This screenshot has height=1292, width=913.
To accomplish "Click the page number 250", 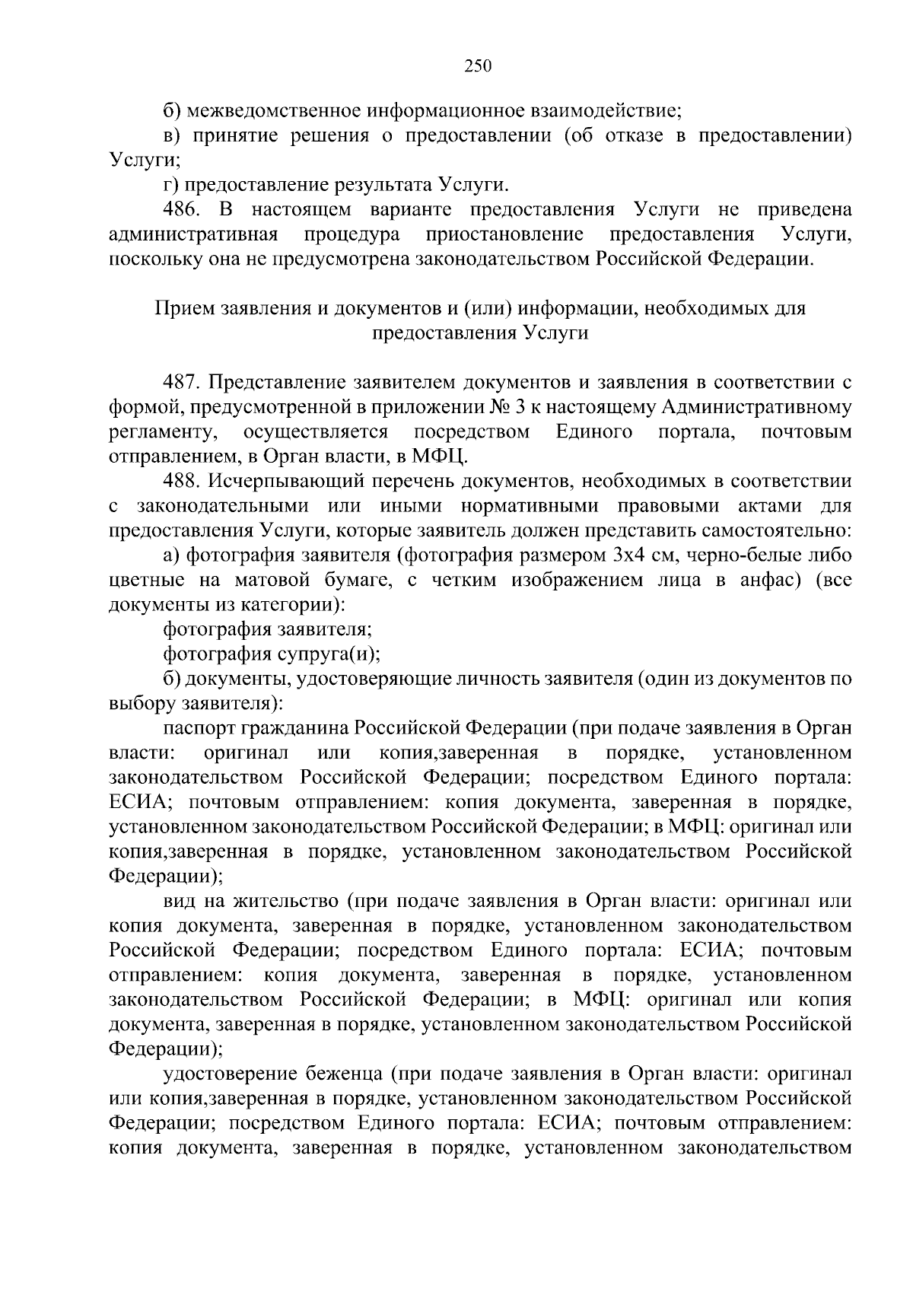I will tap(479, 65).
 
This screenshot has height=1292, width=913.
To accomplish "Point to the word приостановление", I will tap(505, 234).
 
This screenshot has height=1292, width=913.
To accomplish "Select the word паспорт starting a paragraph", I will tap(199, 728).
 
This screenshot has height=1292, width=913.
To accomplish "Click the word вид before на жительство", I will tap(177, 902).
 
